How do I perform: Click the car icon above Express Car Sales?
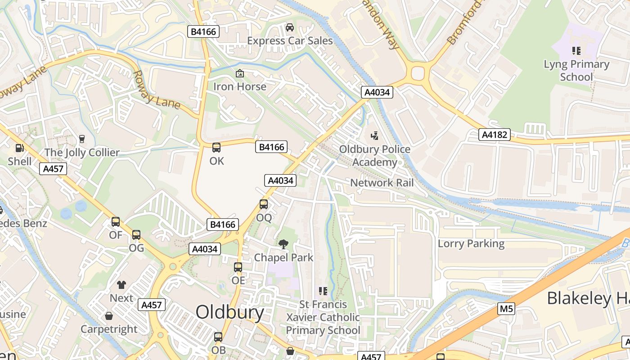coord(290,27)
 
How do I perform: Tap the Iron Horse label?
coord(239,86)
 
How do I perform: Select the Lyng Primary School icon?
coord(576,50)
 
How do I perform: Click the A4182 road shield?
coord(494,135)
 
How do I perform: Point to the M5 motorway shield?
coord(506,309)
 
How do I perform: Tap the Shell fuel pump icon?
coord(19,148)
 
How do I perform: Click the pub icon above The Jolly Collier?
coord(81,139)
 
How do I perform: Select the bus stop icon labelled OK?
coord(216,148)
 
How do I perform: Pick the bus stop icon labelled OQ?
coord(264,204)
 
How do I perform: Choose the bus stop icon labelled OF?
coord(116,221)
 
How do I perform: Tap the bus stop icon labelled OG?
coord(136,234)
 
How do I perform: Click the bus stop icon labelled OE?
coord(238,267)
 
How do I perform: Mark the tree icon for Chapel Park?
coord(283,244)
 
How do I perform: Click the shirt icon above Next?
coord(121,284)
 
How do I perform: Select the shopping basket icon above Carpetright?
coord(109,316)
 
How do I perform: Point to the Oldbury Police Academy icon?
coord(374,135)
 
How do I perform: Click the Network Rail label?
coord(382,183)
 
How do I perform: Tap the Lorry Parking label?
coord(471,243)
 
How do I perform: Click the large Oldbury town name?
coord(229,312)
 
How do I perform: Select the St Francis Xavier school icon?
coord(323,291)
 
